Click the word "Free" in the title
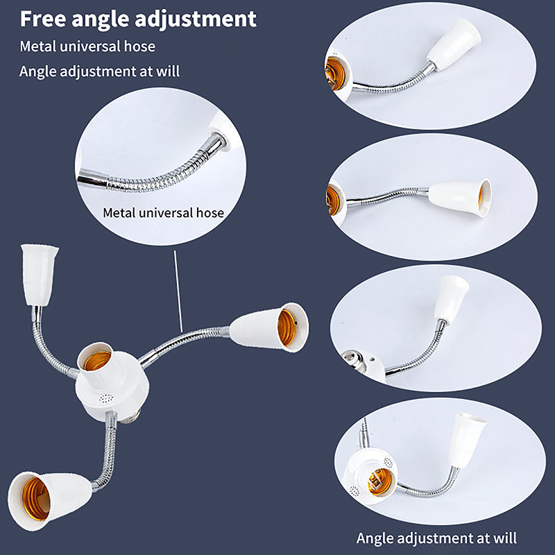pos(43,19)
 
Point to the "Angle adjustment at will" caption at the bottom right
pos(436,538)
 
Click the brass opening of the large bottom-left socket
pos(36,499)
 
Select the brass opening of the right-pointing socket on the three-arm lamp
pos(287,327)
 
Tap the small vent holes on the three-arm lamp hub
pos(106,399)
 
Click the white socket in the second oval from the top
pos(459,196)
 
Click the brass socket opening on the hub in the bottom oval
pos(380,481)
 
